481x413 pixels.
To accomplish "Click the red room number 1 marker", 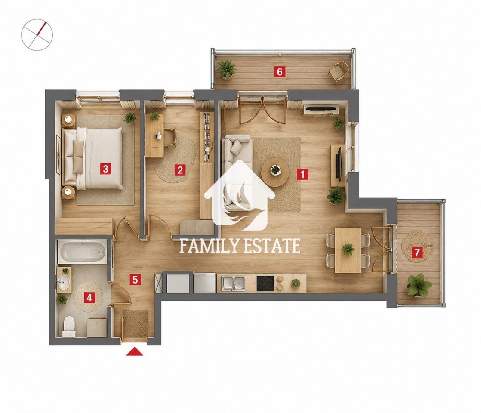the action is (x=302, y=174).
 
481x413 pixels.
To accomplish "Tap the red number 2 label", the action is (x=180, y=170).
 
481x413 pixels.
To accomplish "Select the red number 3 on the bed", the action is (x=105, y=169).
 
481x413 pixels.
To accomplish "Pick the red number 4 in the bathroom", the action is (x=89, y=297).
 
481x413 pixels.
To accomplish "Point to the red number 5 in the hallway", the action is (x=135, y=280).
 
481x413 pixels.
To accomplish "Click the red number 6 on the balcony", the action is (x=280, y=72).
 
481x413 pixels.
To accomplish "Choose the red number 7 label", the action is (x=417, y=253).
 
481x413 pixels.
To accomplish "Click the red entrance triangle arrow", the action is (x=135, y=351).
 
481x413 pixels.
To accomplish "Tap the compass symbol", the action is (x=37, y=35).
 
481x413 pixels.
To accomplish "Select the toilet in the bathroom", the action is (x=68, y=327).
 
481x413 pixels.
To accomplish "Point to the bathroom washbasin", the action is (x=63, y=282).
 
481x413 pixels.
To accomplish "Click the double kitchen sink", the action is (x=234, y=283).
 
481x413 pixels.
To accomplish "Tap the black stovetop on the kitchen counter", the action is (x=265, y=284).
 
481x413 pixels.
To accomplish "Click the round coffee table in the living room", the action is (x=275, y=173).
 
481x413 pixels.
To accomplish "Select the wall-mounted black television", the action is (x=338, y=163).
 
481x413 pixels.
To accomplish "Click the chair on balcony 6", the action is (x=339, y=71).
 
